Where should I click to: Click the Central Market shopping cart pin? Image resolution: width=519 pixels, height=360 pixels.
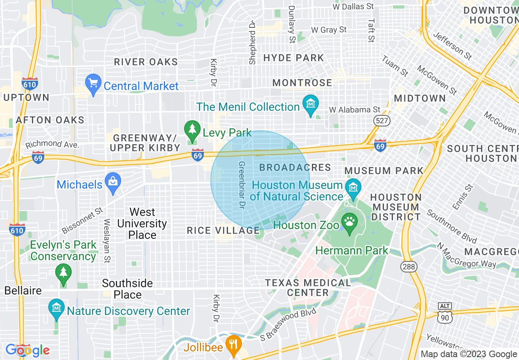[93, 84]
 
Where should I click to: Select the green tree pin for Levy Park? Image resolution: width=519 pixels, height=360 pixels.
[192, 130]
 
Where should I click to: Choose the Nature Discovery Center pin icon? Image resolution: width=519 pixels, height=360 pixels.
[56, 309]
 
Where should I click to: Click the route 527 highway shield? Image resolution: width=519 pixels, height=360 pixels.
[381, 120]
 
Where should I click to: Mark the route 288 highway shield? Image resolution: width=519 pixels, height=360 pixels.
[408, 267]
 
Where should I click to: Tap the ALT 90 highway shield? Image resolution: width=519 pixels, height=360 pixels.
[445, 312]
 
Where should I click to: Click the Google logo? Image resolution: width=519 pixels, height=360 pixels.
[27, 350]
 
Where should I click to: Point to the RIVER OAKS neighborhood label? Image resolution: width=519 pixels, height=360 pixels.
[146, 62]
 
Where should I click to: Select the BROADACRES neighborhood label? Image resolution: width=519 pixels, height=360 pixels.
[295, 167]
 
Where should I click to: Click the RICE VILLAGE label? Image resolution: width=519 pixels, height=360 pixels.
[223, 231]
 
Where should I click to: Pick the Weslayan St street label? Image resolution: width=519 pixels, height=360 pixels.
[107, 241]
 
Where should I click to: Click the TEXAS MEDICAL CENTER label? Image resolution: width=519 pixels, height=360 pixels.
[308, 288]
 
